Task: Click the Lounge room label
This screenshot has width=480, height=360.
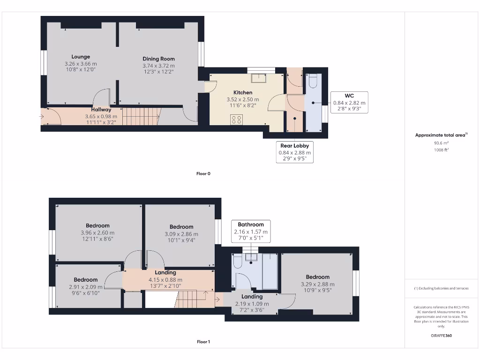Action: point(81,57)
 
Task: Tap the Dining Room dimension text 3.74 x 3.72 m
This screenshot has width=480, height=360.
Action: point(158,66)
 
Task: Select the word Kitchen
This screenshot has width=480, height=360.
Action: point(243,92)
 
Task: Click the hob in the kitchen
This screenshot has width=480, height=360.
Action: point(236,120)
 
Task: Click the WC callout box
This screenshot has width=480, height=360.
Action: point(349,102)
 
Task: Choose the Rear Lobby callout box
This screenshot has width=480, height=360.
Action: point(295,152)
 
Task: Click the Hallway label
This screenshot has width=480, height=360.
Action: point(101,110)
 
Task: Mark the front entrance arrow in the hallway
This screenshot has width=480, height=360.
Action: point(43,116)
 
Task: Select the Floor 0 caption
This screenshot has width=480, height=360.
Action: point(203,173)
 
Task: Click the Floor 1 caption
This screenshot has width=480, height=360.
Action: point(203,342)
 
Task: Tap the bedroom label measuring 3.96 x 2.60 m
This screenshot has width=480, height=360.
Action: point(97,225)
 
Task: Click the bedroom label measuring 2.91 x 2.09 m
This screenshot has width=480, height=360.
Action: point(85,280)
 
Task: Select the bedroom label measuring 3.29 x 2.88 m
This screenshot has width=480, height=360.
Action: point(317,277)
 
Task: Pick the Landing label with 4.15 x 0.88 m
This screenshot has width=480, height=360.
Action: point(165,272)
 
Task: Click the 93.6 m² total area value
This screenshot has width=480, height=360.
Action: point(440,143)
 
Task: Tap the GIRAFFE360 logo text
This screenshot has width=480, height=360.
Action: point(441,336)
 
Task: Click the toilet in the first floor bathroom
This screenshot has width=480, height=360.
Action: point(237,262)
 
